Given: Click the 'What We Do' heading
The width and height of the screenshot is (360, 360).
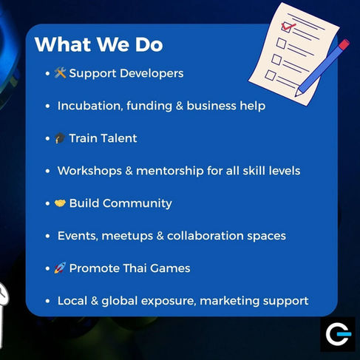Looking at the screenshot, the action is (x=99, y=44).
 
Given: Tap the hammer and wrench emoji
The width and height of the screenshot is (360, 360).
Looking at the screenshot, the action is (x=60, y=73).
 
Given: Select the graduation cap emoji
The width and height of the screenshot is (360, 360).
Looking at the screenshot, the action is (x=60, y=138).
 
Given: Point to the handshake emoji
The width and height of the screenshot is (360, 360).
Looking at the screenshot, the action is (x=60, y=203).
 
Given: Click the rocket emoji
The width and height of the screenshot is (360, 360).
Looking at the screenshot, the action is (x=60, y=268).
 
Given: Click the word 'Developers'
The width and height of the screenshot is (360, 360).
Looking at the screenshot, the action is (x=152, y=74).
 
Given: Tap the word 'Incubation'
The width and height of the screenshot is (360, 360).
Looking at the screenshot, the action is (x=90, y=106).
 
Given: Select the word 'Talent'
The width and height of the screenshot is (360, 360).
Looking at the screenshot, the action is (x=120, y=138).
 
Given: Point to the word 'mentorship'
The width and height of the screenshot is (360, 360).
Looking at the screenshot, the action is (x=170, y=171).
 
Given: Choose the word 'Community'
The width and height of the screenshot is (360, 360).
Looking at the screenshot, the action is (x=137, y=204).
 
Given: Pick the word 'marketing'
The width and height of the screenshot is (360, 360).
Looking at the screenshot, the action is (x=230, y=302).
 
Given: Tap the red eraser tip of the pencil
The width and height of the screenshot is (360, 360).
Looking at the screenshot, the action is (x=344, y=44).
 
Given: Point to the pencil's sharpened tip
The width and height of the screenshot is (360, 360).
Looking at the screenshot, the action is (x=296, y=95).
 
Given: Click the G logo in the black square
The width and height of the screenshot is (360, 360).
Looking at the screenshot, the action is (x=338, y=334).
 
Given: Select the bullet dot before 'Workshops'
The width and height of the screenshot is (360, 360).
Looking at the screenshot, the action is (x=47, y=171).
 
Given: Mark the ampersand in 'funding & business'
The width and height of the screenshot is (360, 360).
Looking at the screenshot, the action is (x=180, y=106).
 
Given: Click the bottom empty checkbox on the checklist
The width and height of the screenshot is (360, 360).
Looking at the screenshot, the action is (x=271, y=75).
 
